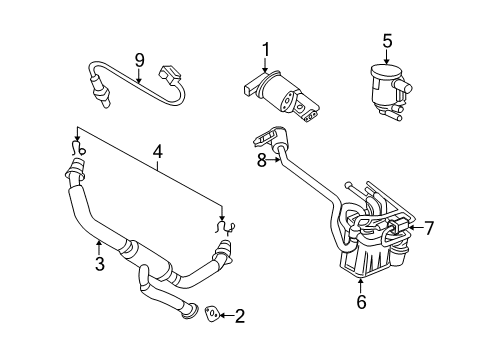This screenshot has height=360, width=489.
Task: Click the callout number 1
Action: click(x=266, y=49)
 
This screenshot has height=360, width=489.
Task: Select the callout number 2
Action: click(x=239, y=317)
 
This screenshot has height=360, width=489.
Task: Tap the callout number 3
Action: click(x=98, y=263)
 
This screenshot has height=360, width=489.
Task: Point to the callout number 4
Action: click(x=157, y=153)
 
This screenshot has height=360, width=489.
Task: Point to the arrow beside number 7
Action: click(x=411, y=228)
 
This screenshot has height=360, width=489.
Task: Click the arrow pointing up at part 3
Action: click(x=98, y=245)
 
